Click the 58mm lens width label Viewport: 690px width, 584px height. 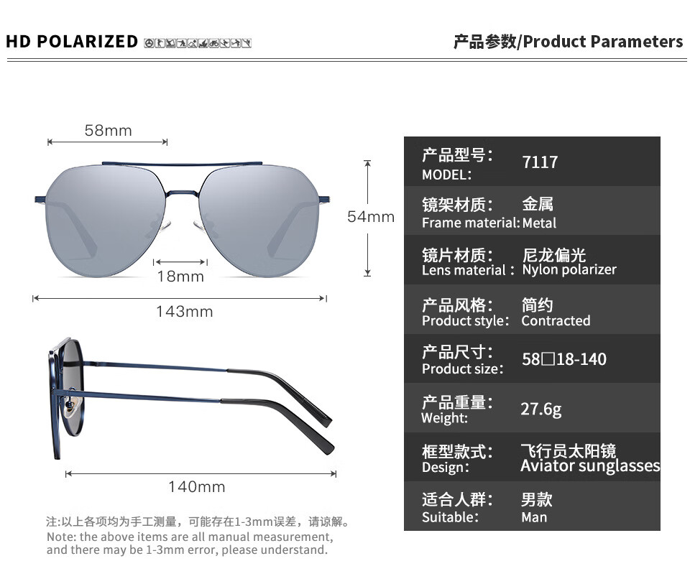(x=109, y=130)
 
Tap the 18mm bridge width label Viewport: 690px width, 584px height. (x=180, y=276)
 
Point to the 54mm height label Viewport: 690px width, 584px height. (x=371, y=216)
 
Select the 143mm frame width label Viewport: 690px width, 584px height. (x=185, y=311)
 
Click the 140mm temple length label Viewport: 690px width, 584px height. (x=197, y=487)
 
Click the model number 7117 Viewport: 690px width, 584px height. (x=540, y=162)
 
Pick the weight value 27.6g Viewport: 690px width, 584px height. (x=541, y=409)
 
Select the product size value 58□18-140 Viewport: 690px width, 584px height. (x=564, y=359)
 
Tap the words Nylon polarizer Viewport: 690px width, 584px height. (x=569, y=269)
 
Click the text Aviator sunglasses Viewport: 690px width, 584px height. (x=590, y=465)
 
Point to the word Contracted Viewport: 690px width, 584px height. (x=556, y=320)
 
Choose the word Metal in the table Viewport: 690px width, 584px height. (x=539, y=223)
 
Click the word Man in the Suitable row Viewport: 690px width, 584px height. (x=534, y=517)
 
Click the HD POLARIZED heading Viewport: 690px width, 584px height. (x=72, y=42)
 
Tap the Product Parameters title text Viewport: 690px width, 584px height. (x=603, y=42)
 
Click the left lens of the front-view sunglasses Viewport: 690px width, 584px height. (x=106, y=220)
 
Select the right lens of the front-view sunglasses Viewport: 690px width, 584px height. (x=259, y=220)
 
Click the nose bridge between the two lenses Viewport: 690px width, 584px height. (x=183, y=193)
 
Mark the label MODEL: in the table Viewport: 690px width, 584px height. (x=446, y=175)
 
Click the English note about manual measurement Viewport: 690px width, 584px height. (x=190, y=543)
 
